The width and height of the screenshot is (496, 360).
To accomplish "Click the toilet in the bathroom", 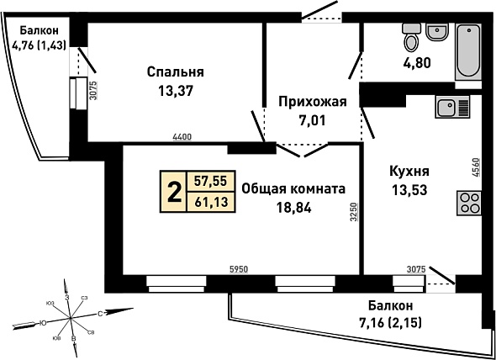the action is [x=411, y=37].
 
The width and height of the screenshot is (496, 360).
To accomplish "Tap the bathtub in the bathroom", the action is [x=468, y=51].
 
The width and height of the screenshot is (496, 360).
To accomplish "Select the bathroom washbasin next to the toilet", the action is [x=437, y=32].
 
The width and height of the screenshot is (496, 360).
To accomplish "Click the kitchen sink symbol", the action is [x=452, y=107].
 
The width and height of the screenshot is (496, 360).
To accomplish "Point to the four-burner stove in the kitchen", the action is [x=469, y=204].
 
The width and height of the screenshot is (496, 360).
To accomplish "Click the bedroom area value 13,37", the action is [x=176, y=92].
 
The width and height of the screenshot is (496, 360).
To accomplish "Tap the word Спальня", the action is [x=175, y=72].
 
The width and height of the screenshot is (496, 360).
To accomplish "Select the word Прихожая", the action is [x=313, y=102].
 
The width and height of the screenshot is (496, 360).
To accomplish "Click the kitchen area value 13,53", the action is [x=409, y=190].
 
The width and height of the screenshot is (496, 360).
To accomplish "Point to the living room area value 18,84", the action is [x=294, y=208].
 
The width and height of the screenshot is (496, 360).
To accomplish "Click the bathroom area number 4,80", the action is [x=417, y=63].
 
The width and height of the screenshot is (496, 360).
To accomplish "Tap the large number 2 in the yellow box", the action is [x=174, y=193].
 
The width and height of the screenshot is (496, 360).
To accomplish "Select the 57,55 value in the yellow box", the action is [x=211, y=181].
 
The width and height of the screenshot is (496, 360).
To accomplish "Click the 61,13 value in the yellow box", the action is [x=211, y=201].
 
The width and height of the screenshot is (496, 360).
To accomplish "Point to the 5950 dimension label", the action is [x=239, y=269].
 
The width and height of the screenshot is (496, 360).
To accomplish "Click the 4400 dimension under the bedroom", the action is [x=182, y=137].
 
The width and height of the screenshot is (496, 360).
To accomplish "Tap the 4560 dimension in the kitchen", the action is [x=477, y=167].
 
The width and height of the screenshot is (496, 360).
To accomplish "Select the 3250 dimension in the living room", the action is [x=354, y=212].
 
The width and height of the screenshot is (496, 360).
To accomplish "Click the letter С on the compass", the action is [x=100, y=314].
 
